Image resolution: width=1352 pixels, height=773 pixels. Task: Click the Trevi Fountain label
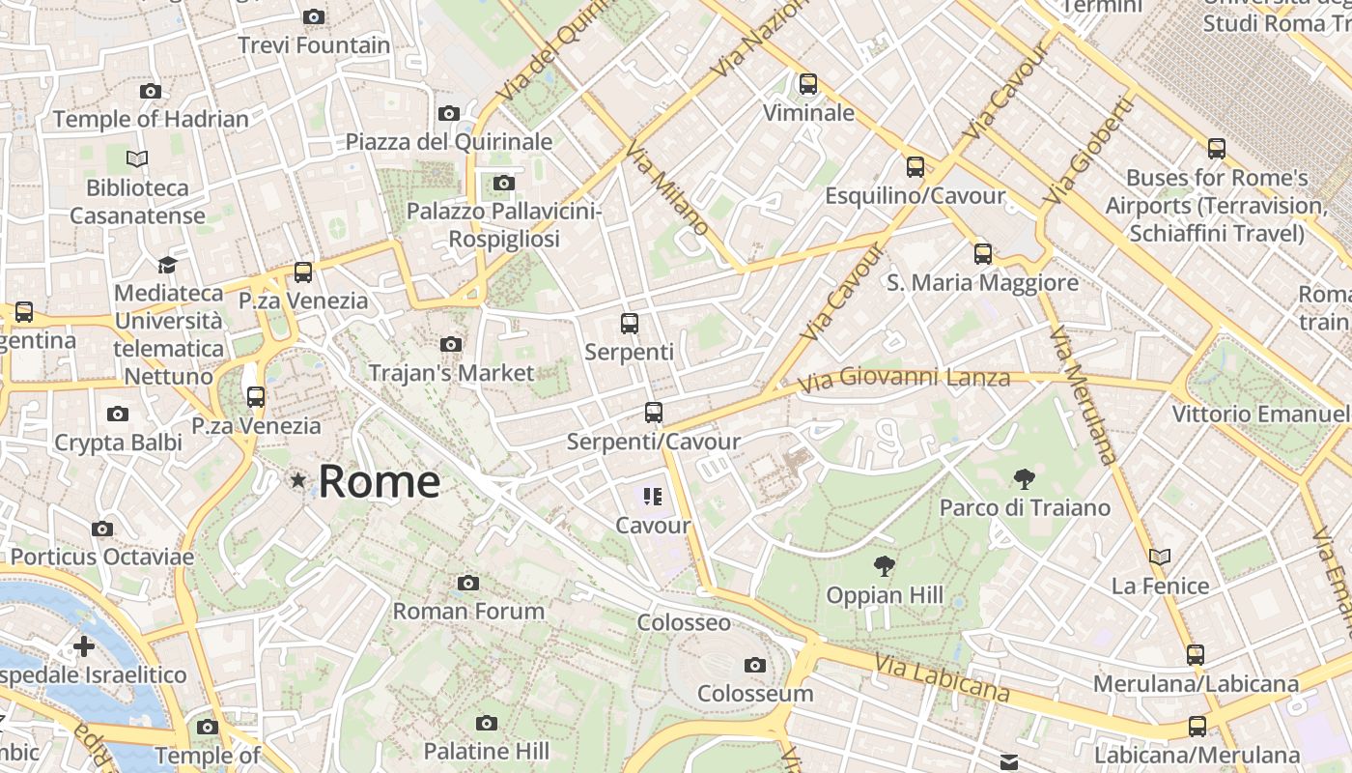coord(314,45)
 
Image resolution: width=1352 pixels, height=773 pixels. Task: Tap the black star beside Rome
coord(298,480)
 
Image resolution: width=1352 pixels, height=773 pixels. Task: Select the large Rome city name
coord(380,481)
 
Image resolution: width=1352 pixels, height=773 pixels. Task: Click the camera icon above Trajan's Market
coord(450,344)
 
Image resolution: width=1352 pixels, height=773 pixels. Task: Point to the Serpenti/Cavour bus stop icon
coord(654,413)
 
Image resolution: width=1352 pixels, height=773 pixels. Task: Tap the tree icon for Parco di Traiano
coord(1024,478)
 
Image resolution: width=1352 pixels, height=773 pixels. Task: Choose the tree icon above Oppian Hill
coord(884,566)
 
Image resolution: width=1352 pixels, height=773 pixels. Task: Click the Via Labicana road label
coord(943,677)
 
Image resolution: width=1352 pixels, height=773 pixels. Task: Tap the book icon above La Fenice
coord(1160,557)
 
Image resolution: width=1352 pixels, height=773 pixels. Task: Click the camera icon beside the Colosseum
coord(755,665)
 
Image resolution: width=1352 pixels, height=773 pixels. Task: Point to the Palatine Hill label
coord(487,751)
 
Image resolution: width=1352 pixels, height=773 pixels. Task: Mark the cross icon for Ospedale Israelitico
coord(84,645)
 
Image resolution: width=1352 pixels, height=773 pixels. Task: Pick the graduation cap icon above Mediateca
coord(168,265)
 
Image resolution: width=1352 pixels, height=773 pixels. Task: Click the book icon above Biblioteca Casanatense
coord(137,158)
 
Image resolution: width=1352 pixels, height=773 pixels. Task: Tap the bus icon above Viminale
coord(808,84)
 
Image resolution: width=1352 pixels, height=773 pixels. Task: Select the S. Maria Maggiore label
coord(982,283)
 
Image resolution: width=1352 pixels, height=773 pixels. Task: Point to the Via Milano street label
coord(667,189)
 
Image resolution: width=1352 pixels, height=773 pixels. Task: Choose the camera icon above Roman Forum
coord(468,583)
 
